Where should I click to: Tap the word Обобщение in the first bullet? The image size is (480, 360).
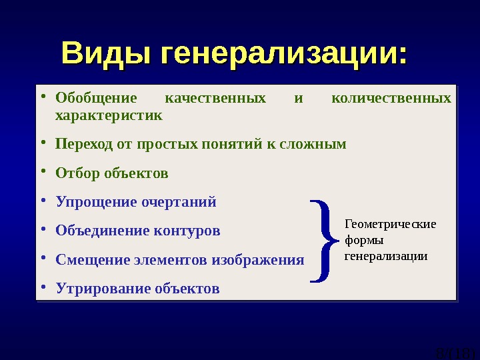[96, 99]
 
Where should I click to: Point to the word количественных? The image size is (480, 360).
[391, 99]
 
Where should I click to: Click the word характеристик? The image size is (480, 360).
[109, 115]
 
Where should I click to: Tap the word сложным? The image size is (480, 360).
[316, 144]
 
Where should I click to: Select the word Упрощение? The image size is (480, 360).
[96, 202]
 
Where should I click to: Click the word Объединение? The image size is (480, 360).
[103, 231]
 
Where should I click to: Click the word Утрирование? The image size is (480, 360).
[103, 289]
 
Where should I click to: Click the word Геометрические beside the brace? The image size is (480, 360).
[390, 224]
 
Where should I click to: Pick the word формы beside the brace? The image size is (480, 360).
[364, 240]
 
